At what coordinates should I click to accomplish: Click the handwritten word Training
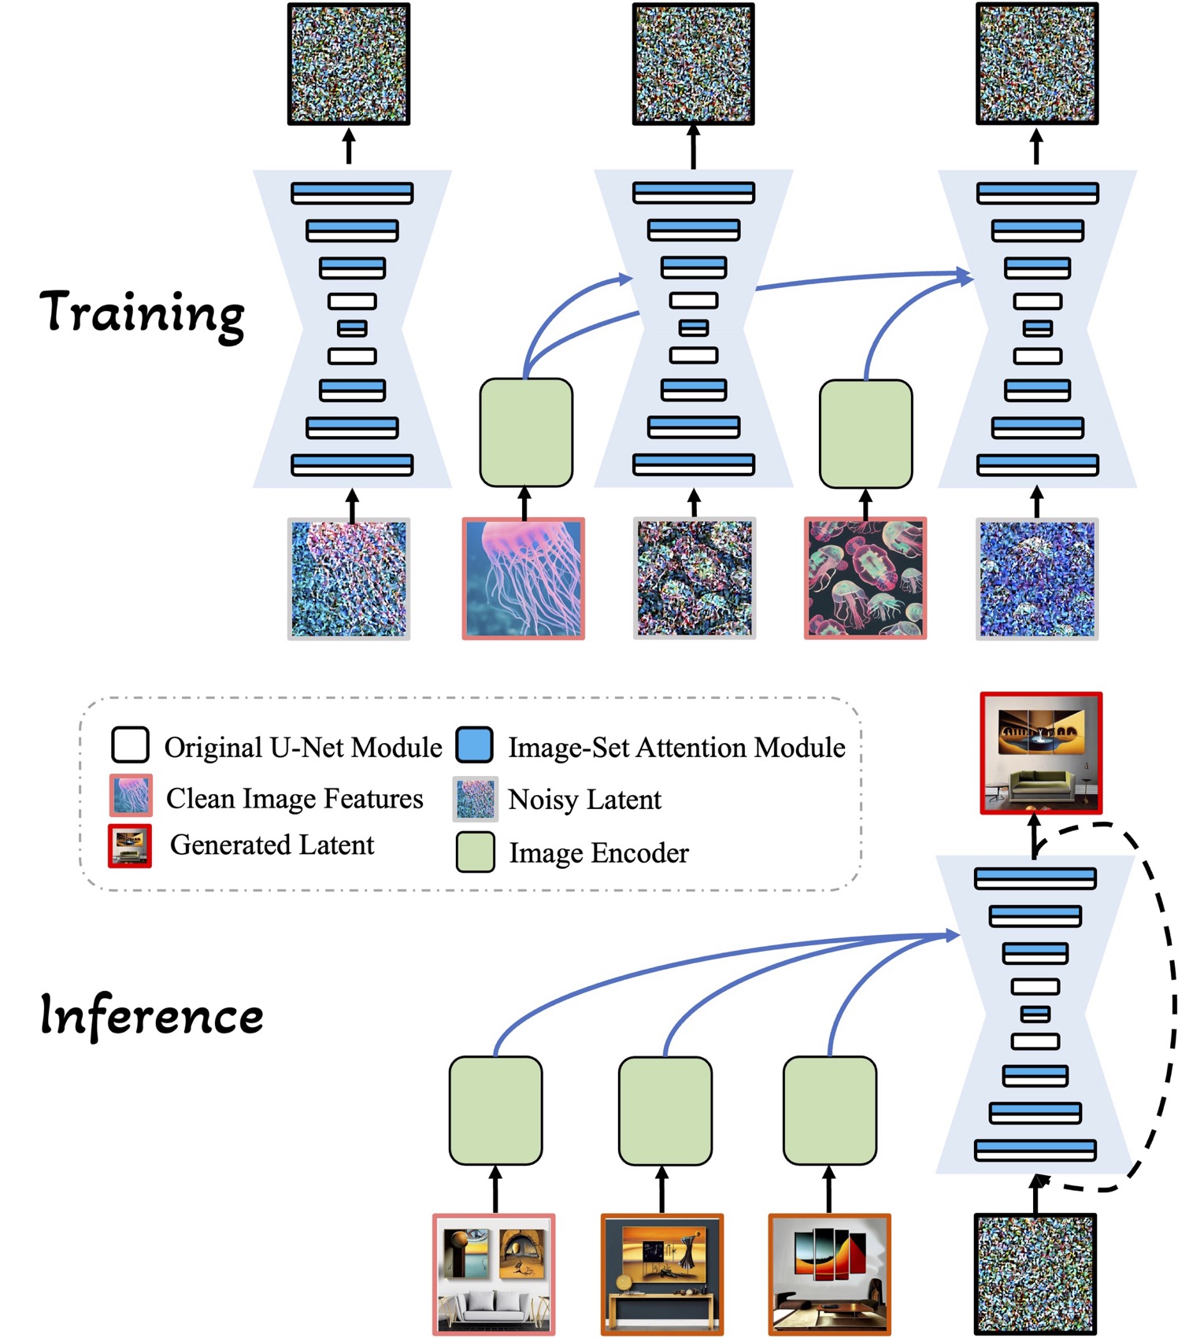pyautogui.click(x=142, y=313)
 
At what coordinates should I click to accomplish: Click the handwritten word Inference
pyautogui.click(x=151, y=1015)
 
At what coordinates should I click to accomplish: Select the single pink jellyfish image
pyautogui.click(x=523, y=578)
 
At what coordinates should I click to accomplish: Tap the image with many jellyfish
pyautogui.click(x=865, y=578)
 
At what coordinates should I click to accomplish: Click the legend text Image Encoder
pyautogui.click(x=598, y=853)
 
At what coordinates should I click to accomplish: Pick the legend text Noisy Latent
pyautogui.click(x=584, y=800)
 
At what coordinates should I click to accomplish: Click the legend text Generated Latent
pyautogui.click(x=272, y=845)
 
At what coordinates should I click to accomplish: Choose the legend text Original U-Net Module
pyautogui.click(x=302, y=748)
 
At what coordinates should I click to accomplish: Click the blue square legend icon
pyautogui.click(x=474, y=745)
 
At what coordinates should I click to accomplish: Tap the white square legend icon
pyautogui.click(x=130, y=745)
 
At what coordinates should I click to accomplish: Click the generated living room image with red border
pyautogui.click(x=1040, y=753)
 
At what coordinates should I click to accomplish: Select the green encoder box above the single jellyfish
pyautogui.click(x=526, y=433)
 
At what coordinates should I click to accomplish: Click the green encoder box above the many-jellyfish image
pyautogui.click(x=865, y=434)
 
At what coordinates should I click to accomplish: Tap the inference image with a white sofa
pyautogui.click(x=494, y=1274)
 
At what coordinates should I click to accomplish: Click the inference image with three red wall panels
pyautogui.click(x=829, y=1274)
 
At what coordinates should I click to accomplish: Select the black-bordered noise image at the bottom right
pyautogui.click(x=1035, y=1274)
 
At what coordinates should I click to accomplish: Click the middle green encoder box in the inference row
pyautogui.click(x=665, y=1111)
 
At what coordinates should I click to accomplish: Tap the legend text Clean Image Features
pyautogui.click(x=294, y=799)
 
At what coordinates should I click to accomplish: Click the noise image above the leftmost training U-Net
pyautogui.click(x=348, y=65)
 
